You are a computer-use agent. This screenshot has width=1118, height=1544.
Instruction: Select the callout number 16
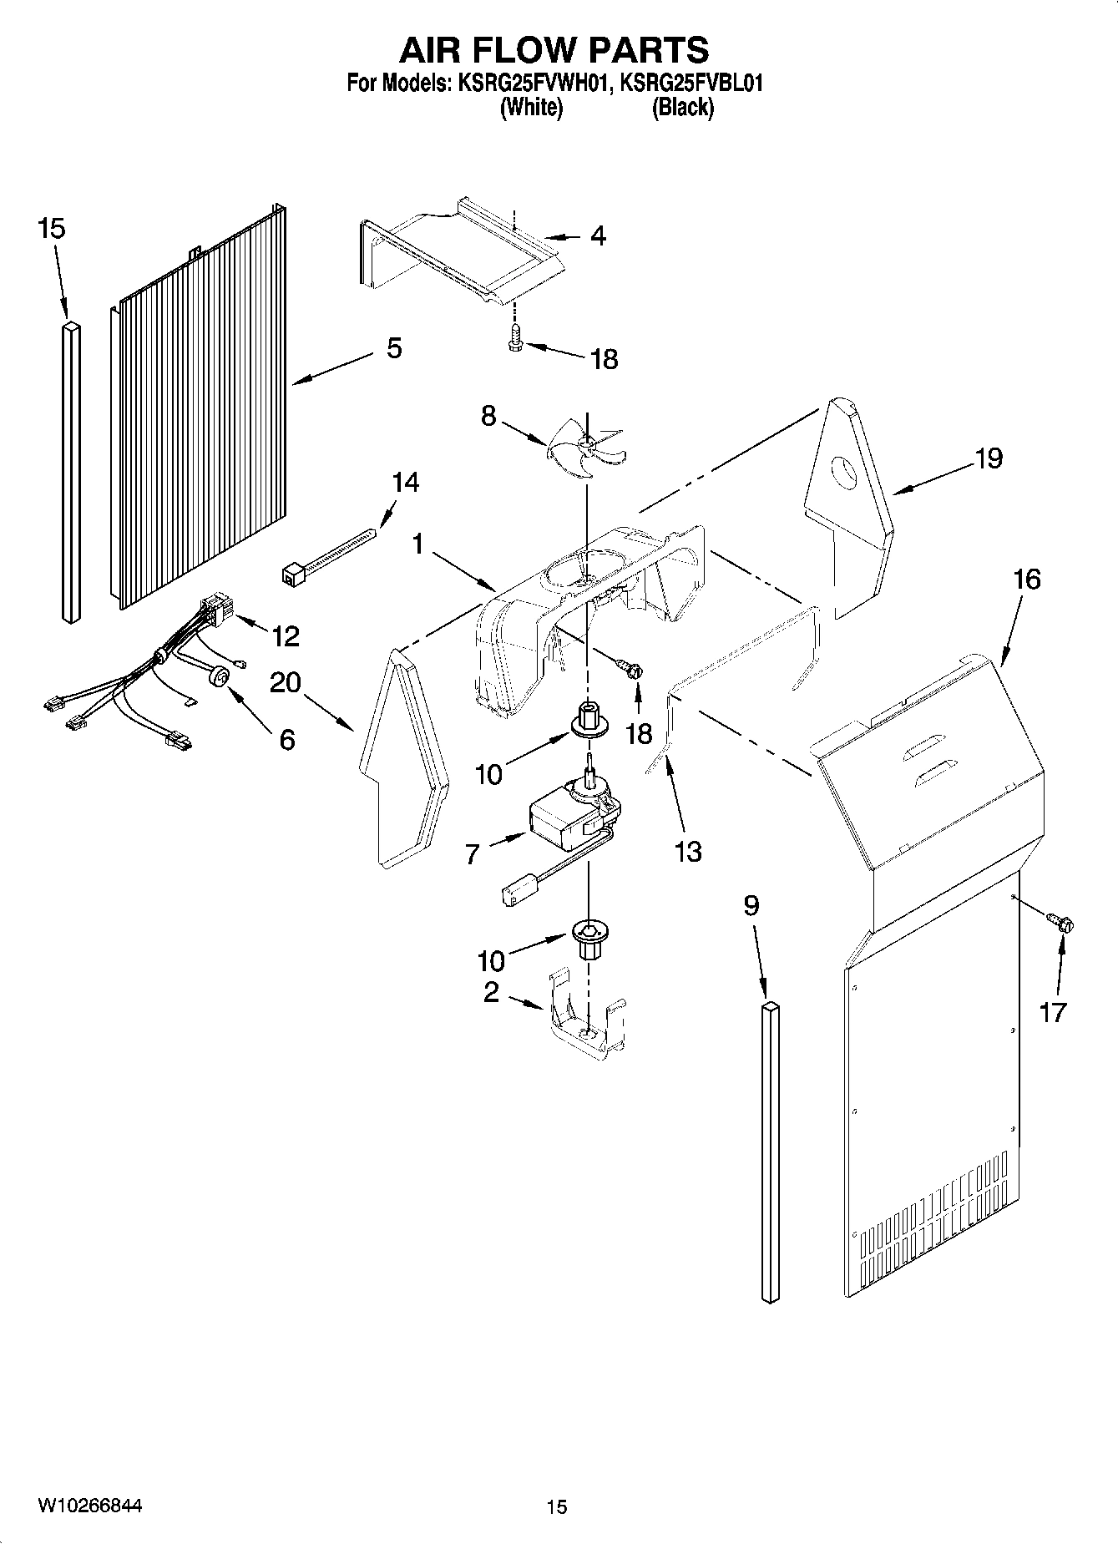[1027, 579]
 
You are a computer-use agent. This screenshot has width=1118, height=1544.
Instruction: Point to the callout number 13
[688, 852]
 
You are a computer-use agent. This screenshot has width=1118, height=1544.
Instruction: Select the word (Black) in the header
[683, 107]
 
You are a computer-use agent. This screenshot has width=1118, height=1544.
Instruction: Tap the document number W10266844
[89, 1505]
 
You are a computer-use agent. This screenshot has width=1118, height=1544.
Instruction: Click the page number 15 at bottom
[556, 1506]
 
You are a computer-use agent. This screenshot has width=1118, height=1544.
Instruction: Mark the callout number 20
[286, 683]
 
